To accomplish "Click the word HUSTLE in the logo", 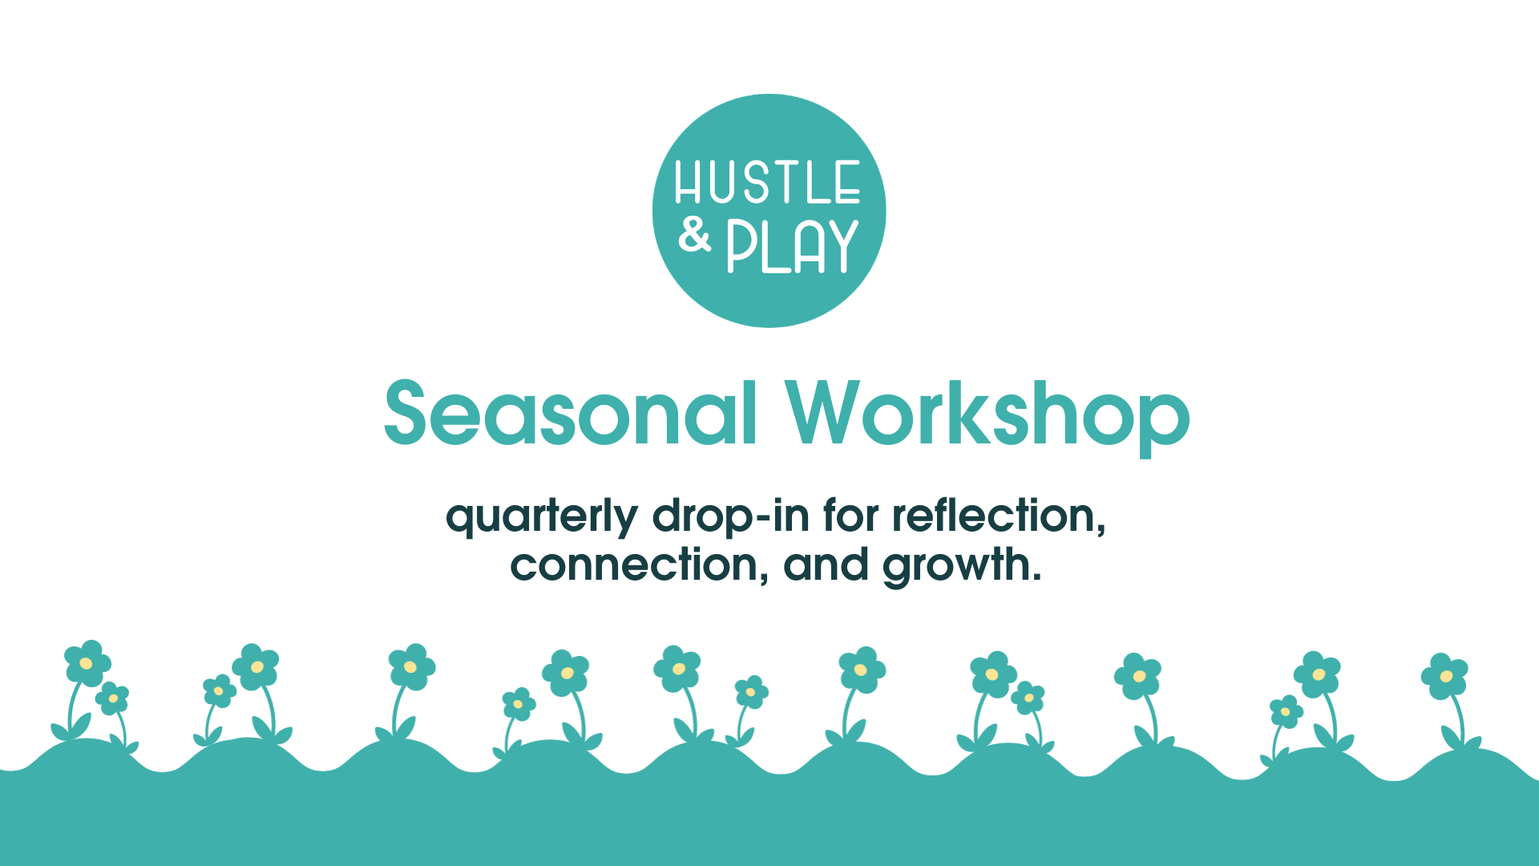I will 767,183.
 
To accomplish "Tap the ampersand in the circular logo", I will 694,235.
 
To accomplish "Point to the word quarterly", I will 542,517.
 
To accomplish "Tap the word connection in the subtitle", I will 633,565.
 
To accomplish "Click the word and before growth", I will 826,565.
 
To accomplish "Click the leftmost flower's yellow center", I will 86,663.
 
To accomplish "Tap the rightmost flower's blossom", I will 1444,676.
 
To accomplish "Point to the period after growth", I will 1036,577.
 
